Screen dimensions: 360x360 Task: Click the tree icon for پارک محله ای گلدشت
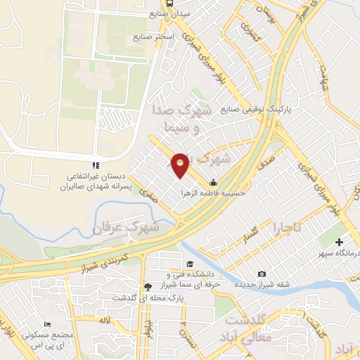point(148,286)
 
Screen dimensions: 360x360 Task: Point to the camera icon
point(262,274)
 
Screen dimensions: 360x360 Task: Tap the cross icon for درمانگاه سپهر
point(340,242)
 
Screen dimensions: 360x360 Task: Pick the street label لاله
point(105,321)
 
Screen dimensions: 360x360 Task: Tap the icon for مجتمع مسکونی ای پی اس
point(47,324)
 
